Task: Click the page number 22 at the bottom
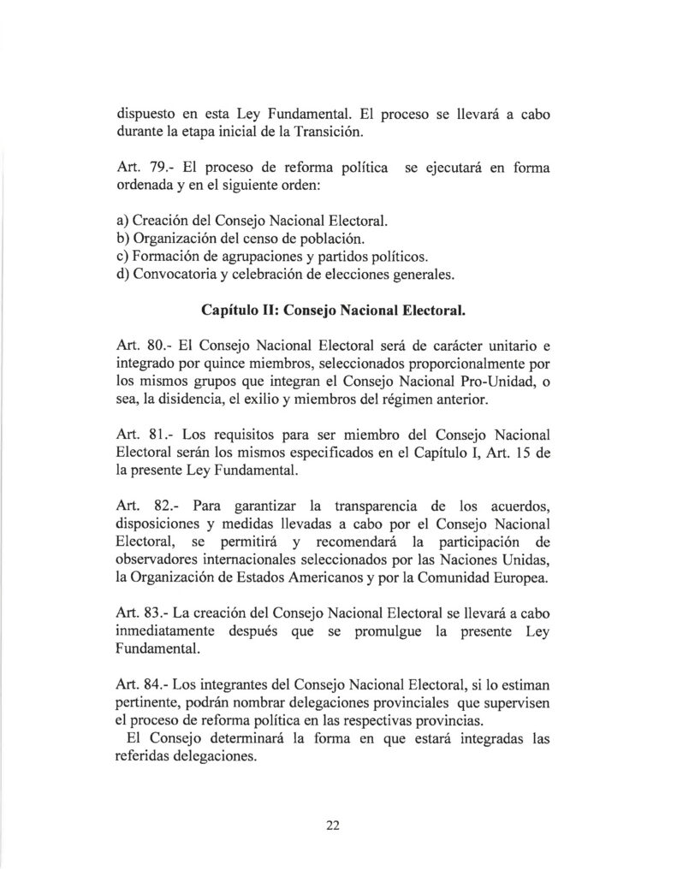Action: coord(333,825)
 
